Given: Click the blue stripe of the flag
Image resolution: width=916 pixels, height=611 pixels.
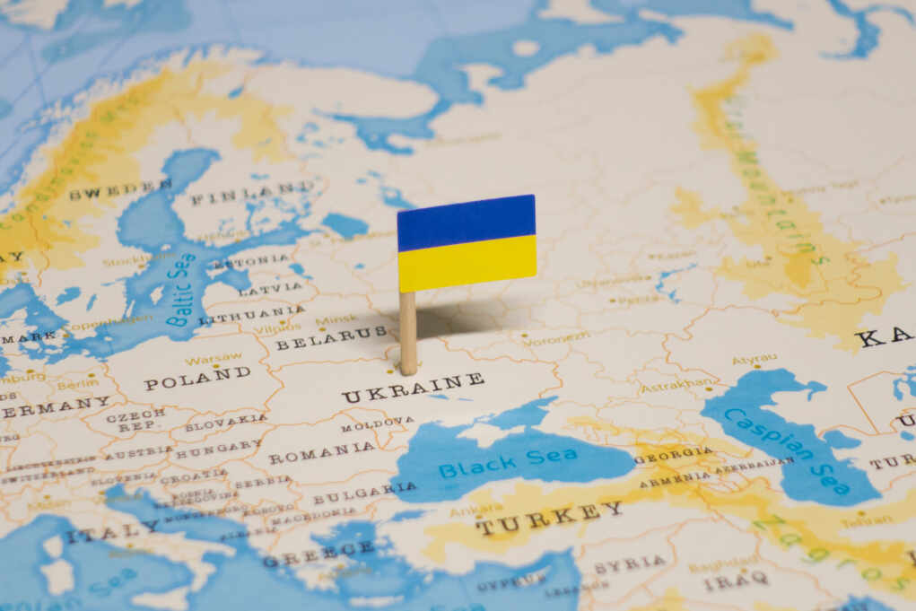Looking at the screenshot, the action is click(467, 222).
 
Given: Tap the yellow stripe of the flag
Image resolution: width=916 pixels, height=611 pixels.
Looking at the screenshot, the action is click(467, 263).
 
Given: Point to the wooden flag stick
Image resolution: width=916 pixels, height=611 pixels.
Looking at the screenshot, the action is click(408, 332).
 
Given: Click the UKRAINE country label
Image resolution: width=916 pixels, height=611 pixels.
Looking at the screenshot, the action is click(413, 388).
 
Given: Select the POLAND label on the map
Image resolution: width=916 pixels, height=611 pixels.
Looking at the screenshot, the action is click(197, 378).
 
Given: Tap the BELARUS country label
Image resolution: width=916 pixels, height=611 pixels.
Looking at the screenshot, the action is click(331, 338).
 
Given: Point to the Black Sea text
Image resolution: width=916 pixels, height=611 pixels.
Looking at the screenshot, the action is click(508, 462).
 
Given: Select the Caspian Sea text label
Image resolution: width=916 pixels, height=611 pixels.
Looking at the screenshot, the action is click(789, 448).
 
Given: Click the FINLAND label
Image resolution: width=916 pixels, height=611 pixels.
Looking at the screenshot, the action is click(252, 193).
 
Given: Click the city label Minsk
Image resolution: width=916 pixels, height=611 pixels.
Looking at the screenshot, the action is click(336, 319).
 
